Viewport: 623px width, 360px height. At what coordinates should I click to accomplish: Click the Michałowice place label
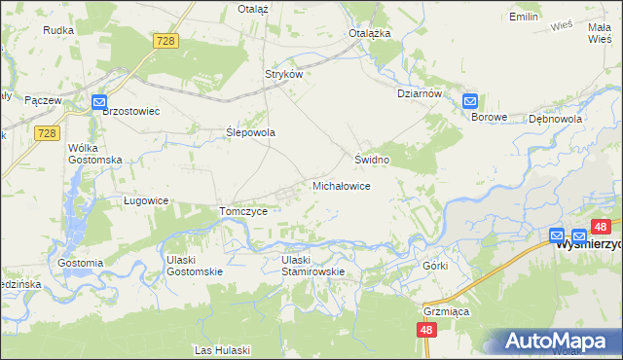click(x=340, y=185)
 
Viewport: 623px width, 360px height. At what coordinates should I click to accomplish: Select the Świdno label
click(x=372, y=159)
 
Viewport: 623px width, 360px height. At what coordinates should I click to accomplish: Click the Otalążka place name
click(x=370, y=32)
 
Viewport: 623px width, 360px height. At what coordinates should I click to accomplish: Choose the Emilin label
click(x=524, y=18)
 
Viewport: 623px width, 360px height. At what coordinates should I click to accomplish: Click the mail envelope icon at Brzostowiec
click(x=99, y=101)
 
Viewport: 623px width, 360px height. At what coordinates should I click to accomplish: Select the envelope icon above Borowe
click(x=470, y=100)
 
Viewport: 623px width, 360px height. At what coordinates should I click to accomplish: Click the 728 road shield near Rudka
click(x=165, y=40)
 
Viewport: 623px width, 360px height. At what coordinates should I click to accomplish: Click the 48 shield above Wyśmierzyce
click(x=601, y=227)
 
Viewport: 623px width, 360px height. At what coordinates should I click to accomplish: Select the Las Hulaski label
click(x=223, y=349)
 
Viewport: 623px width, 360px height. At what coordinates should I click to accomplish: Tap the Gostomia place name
click(x=80, y=263)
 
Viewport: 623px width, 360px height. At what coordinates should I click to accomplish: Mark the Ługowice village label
click(x=146, y=200)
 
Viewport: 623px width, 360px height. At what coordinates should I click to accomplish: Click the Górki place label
click(x=434, y=266)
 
